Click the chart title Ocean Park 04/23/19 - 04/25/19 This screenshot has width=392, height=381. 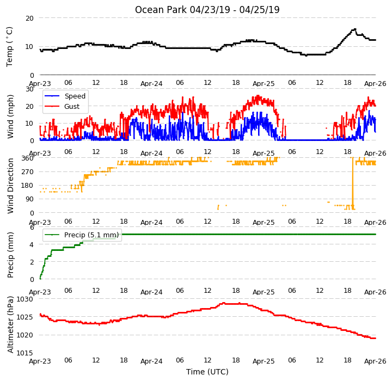point(207,10)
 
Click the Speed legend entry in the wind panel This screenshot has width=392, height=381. point(64,96)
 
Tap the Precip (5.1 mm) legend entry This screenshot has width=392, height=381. point(81,235)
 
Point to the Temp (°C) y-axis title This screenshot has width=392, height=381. point(9,47)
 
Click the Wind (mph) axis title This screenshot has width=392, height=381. point(10,116)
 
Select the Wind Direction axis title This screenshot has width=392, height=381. point(10,186)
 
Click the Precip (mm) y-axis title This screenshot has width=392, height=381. point(10,255)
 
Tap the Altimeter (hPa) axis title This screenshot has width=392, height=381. point(10,324)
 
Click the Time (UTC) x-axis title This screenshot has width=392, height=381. point(207,372)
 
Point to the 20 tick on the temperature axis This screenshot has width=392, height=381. point(29,19)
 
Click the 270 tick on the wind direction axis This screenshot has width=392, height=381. point(28,172)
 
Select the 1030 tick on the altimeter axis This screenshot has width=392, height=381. point(24,299)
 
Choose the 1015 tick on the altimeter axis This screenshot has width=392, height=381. point(24,353)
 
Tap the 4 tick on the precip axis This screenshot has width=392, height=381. point(32,244)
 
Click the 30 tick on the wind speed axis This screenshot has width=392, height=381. point(29,89)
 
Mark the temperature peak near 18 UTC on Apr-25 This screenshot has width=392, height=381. point(354,29)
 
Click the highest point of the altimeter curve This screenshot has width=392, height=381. point(224,303)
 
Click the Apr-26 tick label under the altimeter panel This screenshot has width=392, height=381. point(375,361)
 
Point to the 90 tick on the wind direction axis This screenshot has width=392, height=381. point(29,199)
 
